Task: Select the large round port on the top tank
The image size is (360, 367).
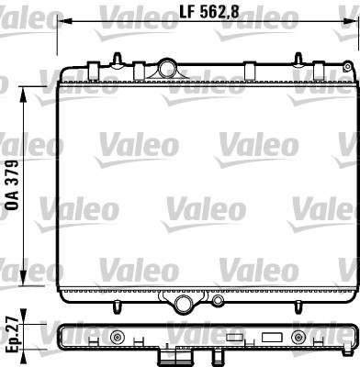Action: point(166,67)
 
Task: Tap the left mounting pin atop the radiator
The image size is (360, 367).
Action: point(118,60)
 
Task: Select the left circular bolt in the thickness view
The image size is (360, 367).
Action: point(117,337)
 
